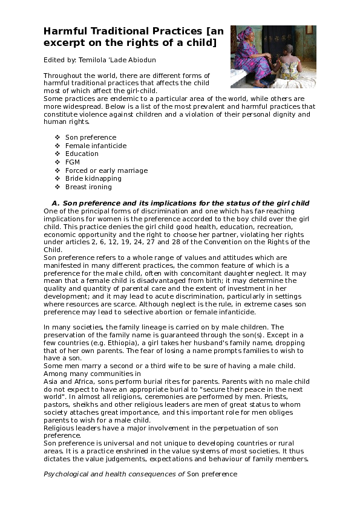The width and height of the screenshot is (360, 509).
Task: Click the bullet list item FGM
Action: coord(72,162)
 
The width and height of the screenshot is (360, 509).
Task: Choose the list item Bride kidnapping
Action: coord(93,178)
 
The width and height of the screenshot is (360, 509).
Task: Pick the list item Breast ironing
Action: coord(88,187)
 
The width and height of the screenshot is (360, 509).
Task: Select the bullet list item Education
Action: coord(82,154)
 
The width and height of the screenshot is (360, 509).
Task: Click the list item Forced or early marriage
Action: coord(106,170)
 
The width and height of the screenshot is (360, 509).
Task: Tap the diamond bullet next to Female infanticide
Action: coord(57,146)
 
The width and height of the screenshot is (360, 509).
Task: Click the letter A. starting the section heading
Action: coord(55,203)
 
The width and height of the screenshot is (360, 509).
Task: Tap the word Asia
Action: coord(51,381)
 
